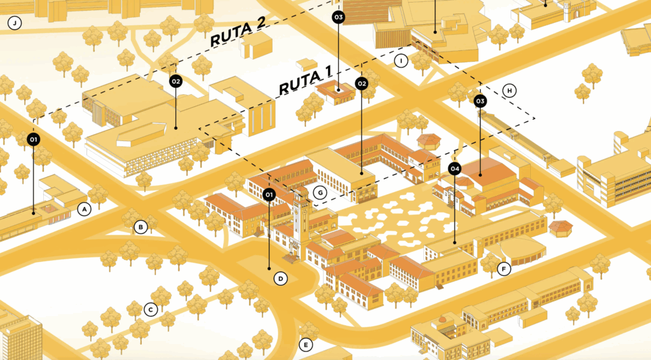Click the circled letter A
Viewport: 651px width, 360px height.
[x=85, y=209]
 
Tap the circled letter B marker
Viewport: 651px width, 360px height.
[x=140, y=227]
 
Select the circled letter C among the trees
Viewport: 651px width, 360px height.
[x=151, y=309]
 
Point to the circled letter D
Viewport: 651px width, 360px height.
[x=280, y=279]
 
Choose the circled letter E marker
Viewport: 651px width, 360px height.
[x=306, y=345]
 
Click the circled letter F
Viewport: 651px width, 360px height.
[x=504, y=270]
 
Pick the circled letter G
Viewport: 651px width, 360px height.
[x=320, y=193]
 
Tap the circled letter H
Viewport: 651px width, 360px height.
[x=509, y=90]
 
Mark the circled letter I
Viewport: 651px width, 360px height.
[x=401, y=61]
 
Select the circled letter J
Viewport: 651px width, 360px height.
[x=15, y=23]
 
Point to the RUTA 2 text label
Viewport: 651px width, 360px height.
[x=238, y=32]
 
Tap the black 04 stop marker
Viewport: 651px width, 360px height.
[x=455, y=169]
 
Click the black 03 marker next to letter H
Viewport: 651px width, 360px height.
[x=480, y=101]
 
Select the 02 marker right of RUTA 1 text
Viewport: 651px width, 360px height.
[x=362, y=84]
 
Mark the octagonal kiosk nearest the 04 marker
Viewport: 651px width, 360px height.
[x=428, y=141]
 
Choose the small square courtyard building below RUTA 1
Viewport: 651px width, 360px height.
[x=335, y=92]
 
